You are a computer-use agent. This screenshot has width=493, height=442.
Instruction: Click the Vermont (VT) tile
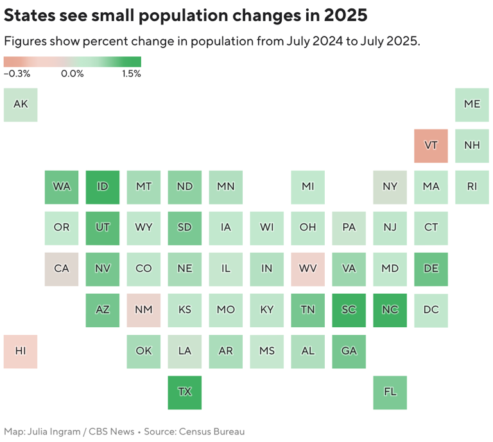(x=431, y=146)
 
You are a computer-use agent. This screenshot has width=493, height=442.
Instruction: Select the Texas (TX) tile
(x=184, y=392)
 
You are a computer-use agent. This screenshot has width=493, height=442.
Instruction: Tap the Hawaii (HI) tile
(x=21, y=351)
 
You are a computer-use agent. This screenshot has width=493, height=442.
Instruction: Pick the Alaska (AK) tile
(x=21, y=105)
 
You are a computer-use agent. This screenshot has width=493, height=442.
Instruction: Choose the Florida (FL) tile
(x=390, y=392)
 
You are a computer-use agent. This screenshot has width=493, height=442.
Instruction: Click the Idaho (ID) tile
(x=102, y=187)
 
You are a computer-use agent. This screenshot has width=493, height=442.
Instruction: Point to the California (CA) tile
(x=62, y=269)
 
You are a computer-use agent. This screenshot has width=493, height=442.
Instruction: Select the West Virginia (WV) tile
(x=307, y=269)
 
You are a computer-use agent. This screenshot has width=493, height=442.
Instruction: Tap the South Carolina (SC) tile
(x=349, y=310)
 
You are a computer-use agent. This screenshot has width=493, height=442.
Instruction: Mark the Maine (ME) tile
(x=472, y=105)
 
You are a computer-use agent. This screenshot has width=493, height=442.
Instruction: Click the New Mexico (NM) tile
(x=143, y=310)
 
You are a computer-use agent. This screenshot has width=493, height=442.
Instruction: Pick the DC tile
(x=431, y=310)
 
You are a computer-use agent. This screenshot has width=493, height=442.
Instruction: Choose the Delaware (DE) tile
(x=431, y=269)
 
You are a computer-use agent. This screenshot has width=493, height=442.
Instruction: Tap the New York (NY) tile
(x=390, y=187)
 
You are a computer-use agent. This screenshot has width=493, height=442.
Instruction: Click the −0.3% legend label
(x=17, y=74)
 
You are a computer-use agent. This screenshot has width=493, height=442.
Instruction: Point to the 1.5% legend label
(x=131, y=74)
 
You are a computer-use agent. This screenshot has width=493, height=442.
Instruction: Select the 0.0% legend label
(x=72, y=74)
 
